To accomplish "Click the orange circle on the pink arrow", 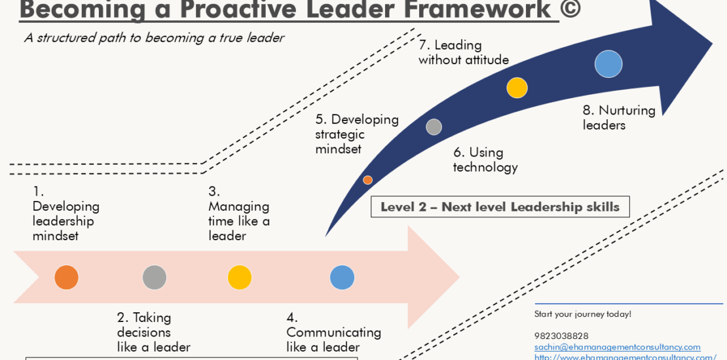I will point(66,278).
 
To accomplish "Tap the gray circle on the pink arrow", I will point(155,278).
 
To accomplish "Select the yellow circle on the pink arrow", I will point(240,278).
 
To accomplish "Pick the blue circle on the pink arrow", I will point(342,278).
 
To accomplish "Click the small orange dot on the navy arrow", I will point(367,180).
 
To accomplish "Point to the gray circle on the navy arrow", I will point(434,127).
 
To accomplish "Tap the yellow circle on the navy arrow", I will point(517,88).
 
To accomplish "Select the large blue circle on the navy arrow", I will point(608,64).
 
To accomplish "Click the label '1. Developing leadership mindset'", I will point(65,214).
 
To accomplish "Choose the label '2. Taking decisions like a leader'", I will point(153,332).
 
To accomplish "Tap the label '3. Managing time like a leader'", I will point(238,214).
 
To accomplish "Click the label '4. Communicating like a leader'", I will point(333,332).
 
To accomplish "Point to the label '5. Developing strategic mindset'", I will point(356,134).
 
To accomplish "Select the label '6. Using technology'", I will point(485,160).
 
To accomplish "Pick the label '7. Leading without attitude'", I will point(463,52).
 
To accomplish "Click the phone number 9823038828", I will point(561,336).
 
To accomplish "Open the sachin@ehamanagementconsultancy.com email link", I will point(617,347).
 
